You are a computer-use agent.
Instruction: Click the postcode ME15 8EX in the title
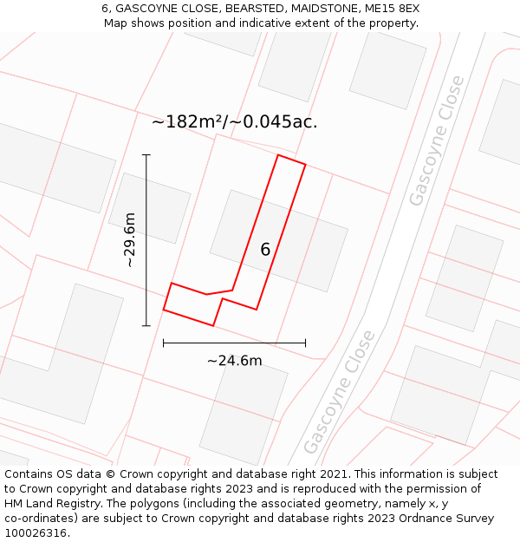393,8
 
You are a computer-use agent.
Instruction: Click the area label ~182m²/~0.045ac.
234,122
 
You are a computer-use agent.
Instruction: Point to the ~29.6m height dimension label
130,240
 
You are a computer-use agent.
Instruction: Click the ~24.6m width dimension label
234,361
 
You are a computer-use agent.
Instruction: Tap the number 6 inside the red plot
265,250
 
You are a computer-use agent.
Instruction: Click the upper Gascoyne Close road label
437,141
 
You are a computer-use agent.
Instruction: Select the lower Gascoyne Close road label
340,392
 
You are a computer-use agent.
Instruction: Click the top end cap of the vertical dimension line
146,155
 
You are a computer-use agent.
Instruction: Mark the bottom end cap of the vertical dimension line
146,326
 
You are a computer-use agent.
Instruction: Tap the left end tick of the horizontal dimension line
164,343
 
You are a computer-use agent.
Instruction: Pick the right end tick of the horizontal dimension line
305,343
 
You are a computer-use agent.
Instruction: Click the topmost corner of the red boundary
278,155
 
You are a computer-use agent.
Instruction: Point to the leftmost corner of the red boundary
164,310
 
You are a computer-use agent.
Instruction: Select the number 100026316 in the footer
34,532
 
